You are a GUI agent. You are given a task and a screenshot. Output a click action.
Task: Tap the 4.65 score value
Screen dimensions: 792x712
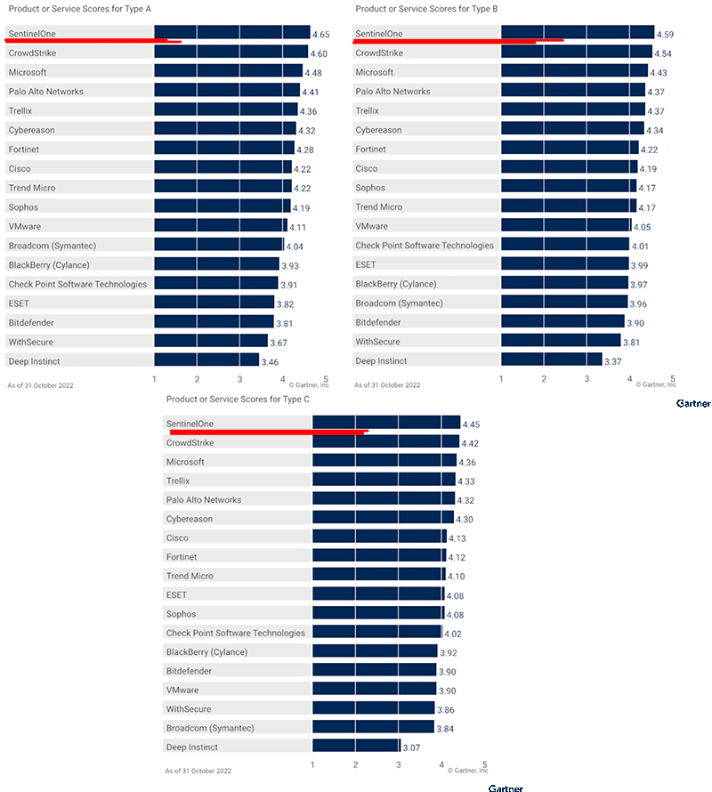321,34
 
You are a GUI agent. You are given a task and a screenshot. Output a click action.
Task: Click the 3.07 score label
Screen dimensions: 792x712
411,748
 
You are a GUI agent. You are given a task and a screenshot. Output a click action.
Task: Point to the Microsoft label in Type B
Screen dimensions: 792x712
375,72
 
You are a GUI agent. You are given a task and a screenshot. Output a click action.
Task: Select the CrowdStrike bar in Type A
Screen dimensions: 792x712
231,53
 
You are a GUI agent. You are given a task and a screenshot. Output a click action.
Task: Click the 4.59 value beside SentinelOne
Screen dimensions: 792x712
665,34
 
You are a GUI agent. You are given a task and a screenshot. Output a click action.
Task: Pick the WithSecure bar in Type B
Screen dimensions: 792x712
561,342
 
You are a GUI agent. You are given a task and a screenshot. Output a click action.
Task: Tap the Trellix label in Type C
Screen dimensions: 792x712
178,481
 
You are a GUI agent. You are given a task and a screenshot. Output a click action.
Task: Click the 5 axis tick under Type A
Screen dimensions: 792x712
326,378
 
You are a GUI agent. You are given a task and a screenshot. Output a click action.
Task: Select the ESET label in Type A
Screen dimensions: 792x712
19,303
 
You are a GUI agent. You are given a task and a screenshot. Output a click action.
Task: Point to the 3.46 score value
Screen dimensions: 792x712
270,362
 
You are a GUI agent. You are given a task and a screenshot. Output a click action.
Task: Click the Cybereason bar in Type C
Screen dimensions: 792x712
383,519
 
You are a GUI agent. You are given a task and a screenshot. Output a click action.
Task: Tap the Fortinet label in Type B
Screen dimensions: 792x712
371,150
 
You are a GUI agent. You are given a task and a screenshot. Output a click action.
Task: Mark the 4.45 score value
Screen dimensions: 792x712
470,424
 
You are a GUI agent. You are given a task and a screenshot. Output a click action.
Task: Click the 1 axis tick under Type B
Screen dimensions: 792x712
501,378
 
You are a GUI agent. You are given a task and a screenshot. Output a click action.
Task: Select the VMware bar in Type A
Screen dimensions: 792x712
221,226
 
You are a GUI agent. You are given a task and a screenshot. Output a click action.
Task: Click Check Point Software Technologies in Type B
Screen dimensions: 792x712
424,246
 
